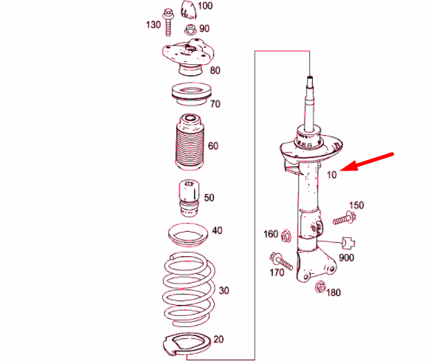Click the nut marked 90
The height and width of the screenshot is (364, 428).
click(191, 30)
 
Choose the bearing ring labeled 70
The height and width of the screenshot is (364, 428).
click(189, 95)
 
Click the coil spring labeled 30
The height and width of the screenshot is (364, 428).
click(190, 290)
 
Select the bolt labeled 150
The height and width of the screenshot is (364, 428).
click(342, 219)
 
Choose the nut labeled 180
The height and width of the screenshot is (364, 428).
click(320, 286)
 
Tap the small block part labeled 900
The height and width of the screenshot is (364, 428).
click(351, 241)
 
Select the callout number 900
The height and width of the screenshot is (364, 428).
click(347, 258)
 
